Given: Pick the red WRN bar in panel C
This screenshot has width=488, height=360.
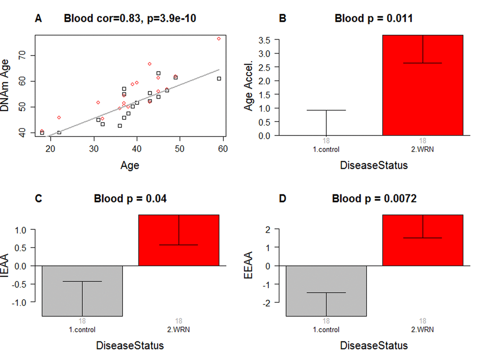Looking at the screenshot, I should [178, 240].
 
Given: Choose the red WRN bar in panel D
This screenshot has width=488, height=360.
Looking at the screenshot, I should [422, 240].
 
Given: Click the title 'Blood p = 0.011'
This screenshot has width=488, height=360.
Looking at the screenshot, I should [374, 19].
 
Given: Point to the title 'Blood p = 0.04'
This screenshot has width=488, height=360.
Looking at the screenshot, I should [130, 198].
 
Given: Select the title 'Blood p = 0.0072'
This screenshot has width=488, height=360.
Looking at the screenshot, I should [374, 198].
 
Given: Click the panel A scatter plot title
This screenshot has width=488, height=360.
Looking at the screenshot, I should [130, 19].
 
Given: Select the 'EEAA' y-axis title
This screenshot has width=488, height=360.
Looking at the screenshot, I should [248, 266].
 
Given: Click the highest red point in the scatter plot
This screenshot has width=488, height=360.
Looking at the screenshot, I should [219, 38].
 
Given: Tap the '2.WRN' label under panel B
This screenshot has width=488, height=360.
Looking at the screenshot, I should [422, 149].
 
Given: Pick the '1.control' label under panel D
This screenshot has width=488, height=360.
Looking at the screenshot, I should [326, 330].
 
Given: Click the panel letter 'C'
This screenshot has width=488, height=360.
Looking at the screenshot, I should [38, 198].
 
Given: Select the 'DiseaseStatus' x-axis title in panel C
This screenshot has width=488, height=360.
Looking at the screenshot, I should [130, 345].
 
